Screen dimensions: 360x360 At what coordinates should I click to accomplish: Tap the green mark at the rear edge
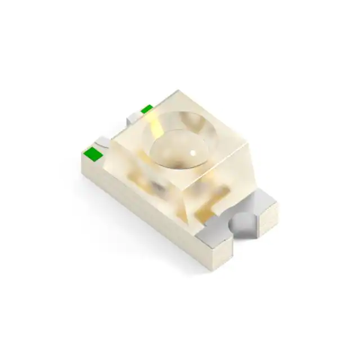pyautogui.click(x=146, y=109)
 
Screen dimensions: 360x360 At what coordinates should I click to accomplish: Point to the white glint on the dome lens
pyautogui.click(x=193, y=152)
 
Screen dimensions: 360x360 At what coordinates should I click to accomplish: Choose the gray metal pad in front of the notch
pyautogui.click(x=223, y=239)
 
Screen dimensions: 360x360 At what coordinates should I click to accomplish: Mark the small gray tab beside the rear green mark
pyautogui.click(x=134, y=118)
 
